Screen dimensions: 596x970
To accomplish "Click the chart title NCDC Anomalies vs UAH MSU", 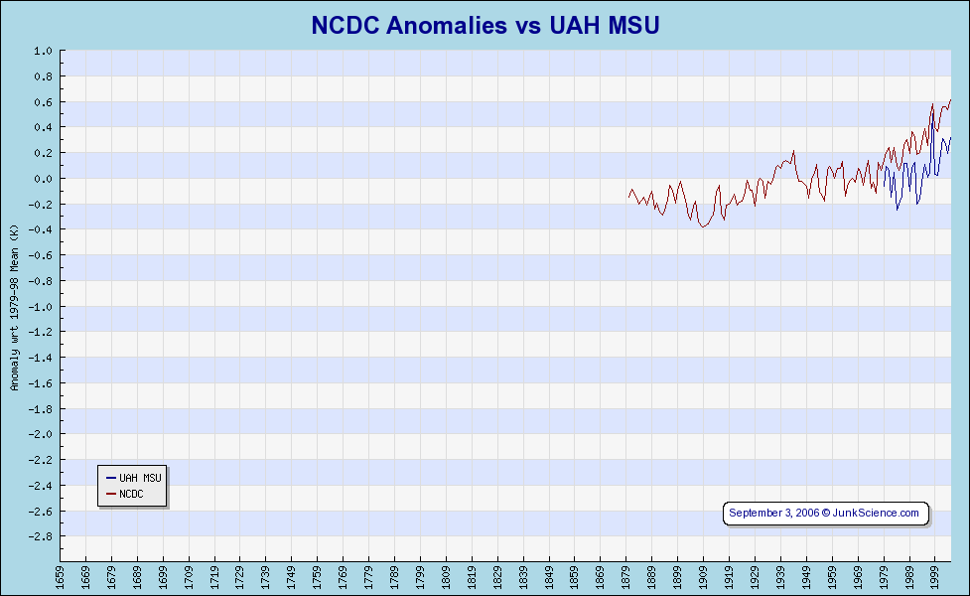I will pos(485,25).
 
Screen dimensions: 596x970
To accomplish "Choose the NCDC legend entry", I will pos(131,494).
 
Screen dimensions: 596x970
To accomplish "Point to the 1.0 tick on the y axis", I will pos(43,51).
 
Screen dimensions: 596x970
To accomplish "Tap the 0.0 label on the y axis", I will pos(43,179).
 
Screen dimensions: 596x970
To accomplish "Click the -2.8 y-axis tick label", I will pos(41,536).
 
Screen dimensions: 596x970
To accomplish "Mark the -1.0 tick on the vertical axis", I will pos(41,307).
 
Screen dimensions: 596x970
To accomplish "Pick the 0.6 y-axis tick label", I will pos(43,102).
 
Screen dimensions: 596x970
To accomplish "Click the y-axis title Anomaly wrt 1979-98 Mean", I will pos(15,308).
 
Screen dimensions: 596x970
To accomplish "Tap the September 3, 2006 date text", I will pos(773,513).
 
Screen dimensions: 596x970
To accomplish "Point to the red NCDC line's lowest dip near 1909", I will pos(703,227).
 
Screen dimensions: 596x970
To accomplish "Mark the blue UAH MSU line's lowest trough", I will pos(898,210).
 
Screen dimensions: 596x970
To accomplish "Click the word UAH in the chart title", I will pos(575,25).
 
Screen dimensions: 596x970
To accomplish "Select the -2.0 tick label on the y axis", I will pos(41,434).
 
